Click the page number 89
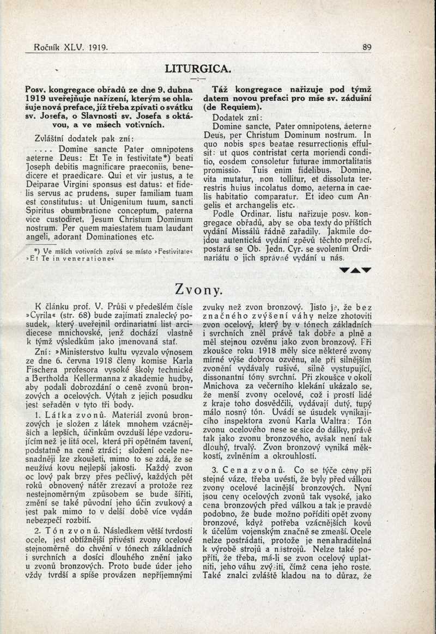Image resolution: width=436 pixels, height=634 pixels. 367,47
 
